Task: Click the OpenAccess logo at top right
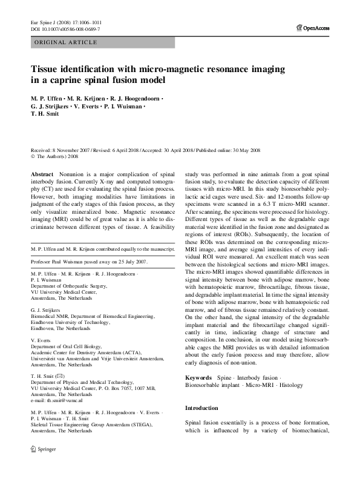[313, 28]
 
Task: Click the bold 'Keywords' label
[199, 377]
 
